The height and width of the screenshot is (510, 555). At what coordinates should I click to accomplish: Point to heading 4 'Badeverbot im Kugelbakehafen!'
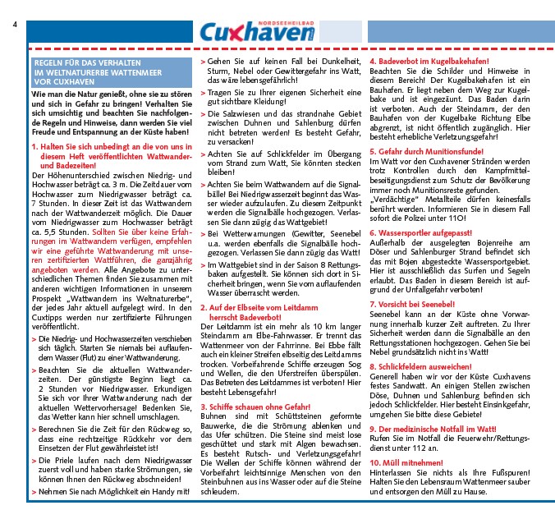[x=428, y=62]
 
